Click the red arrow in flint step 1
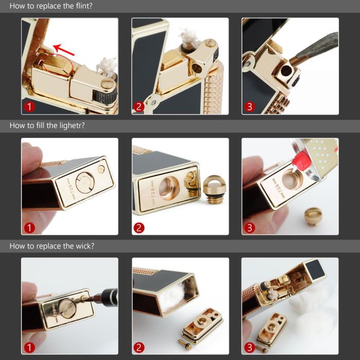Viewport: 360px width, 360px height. pos(64,49)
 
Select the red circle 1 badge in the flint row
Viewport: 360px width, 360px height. pos(29,107)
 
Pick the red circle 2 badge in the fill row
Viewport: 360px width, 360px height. pos(139,228)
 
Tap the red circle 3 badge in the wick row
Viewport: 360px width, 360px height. pos(249,348)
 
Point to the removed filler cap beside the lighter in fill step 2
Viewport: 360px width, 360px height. pos(213,189)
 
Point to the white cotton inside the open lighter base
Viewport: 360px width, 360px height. pos(172,296)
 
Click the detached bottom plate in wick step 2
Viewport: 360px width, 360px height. pos(202,326)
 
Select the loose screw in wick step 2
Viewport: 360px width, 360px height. pos(185,344)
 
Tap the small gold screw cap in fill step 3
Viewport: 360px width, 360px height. pos(313,216)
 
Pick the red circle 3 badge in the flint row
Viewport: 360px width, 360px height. pos(249,107)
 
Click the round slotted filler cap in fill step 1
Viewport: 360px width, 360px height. pos(85,183)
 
